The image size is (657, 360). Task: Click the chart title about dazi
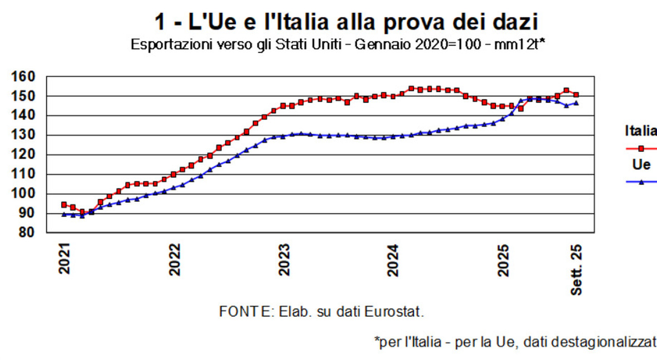(x=346, y=22)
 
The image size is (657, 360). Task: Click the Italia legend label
(x=641, y=131)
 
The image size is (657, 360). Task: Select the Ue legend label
(x=641, y=165)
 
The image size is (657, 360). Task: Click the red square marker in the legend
(x=641, y=148)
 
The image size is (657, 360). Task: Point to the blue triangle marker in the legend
(x=641, y=182)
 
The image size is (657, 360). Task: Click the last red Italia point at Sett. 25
(x=576, y=94)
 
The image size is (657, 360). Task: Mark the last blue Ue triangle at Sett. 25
(x=576, y=103)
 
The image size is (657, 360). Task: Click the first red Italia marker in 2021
(x=64, y=205)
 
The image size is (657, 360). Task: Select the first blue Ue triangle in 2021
(x=64, y=214)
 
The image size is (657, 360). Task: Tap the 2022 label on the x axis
(x=175, y=260)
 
